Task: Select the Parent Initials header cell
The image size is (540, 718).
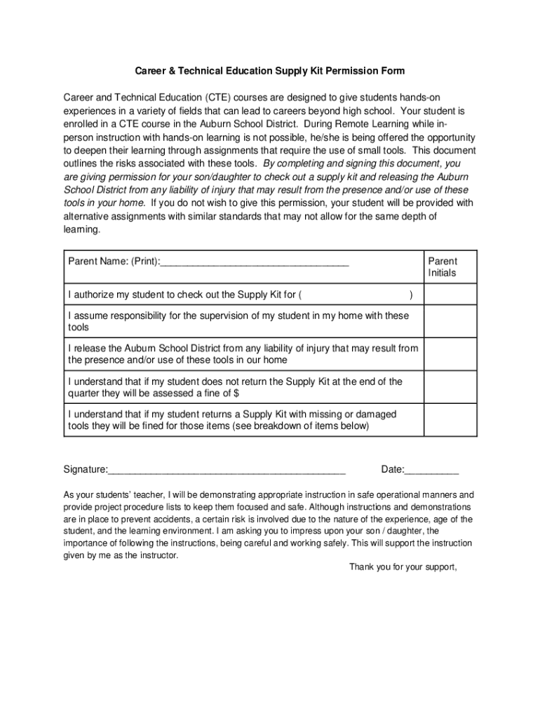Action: click(442, 266)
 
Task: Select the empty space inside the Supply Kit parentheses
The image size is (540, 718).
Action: click(358, 294)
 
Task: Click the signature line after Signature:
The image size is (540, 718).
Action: click(227, 470)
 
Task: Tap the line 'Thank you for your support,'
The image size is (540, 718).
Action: click(403, 567)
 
